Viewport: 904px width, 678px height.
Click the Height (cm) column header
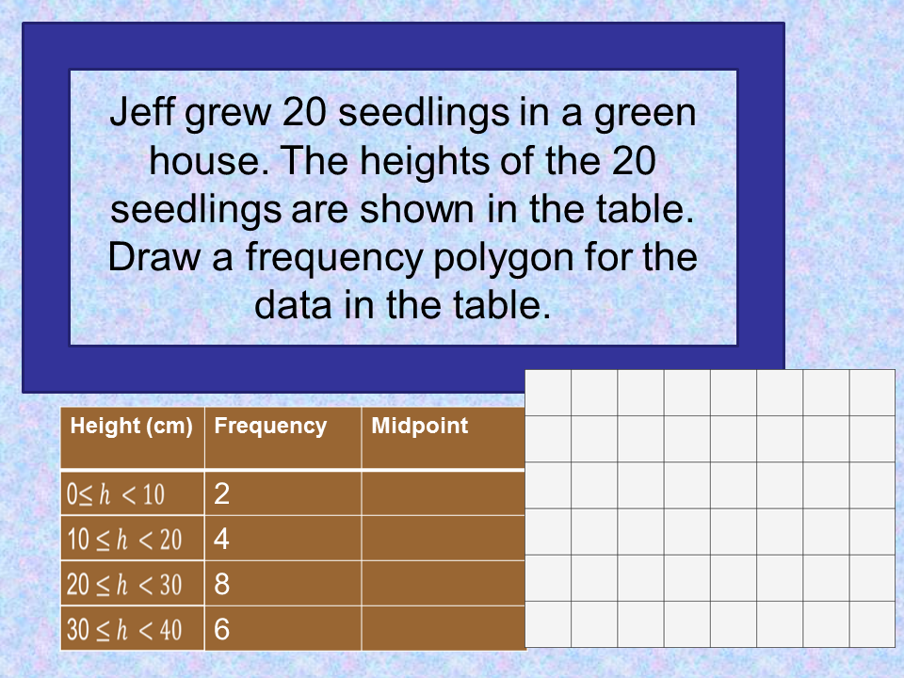tap(131, 426)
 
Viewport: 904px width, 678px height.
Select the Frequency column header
tap(270, 426)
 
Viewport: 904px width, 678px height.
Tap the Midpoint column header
tap(419, 426)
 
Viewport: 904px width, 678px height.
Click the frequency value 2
tap(222, 493)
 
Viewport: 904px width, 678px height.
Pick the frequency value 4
tap(222, 540)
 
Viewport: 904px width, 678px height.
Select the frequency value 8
tap(222, 585)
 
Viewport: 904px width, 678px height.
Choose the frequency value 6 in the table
tap(222, 629)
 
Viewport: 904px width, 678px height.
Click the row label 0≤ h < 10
tap(115, 493)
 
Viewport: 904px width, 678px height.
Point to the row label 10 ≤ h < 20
tap(124, 540)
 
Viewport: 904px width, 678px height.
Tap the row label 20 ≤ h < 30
tap(124, 585)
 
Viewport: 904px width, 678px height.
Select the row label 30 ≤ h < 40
tap(124, 629)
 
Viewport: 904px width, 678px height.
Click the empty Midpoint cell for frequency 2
tap(443, 493)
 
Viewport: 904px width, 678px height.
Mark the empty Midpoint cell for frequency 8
tap(443, 585)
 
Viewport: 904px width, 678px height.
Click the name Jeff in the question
tap(142, 114)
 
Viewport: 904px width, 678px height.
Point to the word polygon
tap(521, 257)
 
